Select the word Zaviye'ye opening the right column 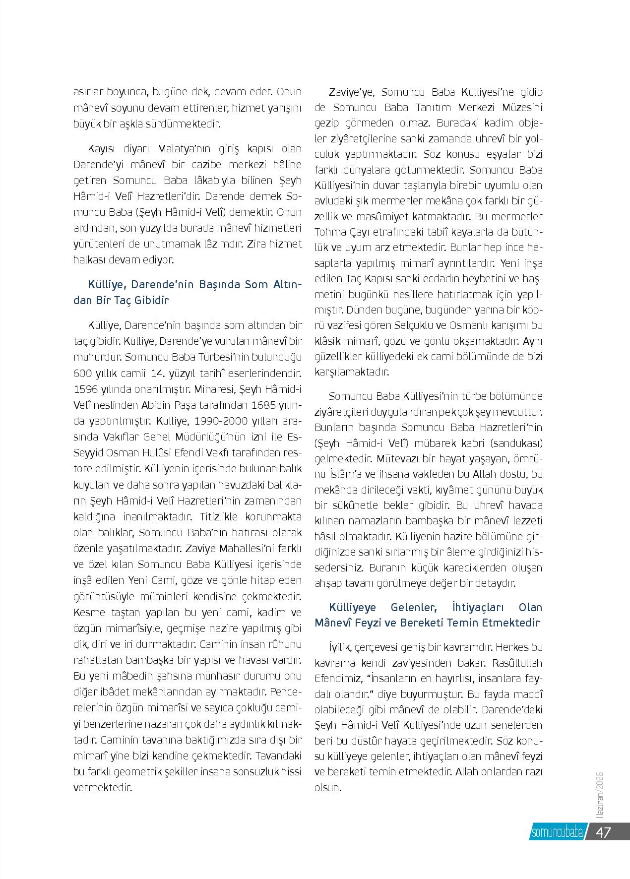tap(353, 92)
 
